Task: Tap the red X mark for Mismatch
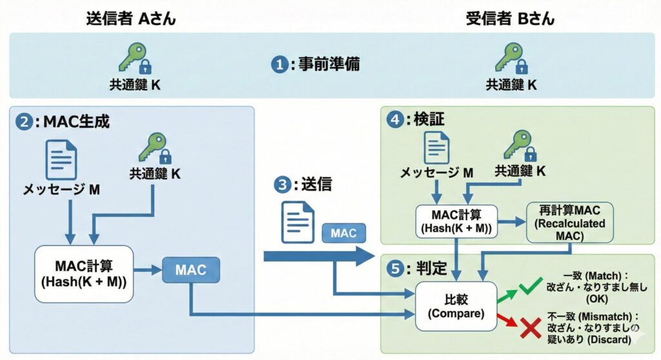(530, 327)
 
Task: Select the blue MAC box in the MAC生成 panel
(191, 270)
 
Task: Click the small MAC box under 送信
(343, 233)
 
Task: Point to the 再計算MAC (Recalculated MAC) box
(566, 223)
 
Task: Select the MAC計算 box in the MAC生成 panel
(85, 274)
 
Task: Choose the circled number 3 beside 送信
(281, 185)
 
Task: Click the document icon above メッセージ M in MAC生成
(61, 159)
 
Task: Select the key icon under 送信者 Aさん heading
(134, 60)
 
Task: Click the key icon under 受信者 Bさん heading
(511, 60)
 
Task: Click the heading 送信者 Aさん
(130, 19)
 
